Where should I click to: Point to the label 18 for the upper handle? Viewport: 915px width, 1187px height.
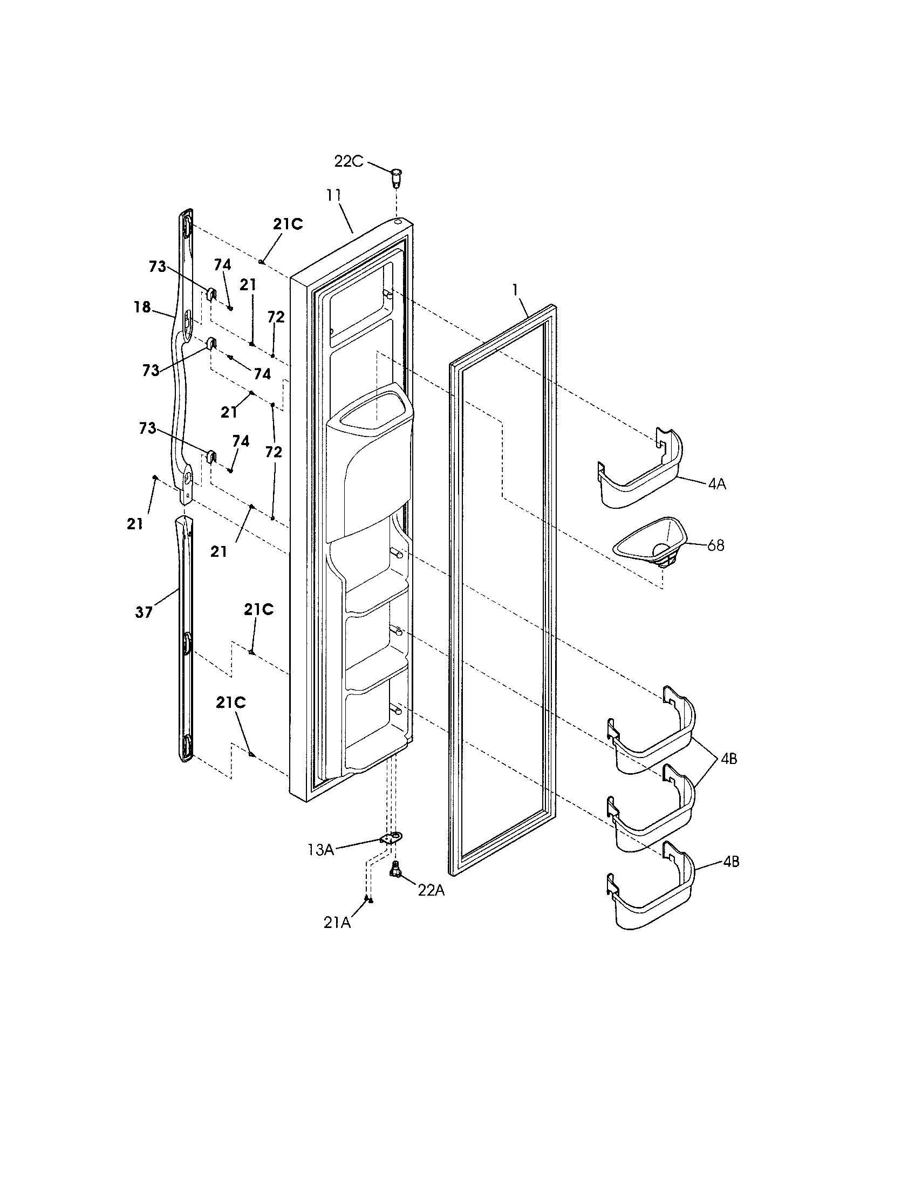(142, 307)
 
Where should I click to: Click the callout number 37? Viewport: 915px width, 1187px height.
(144, 612)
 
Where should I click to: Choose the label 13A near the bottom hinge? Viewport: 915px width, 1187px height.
(320, 849)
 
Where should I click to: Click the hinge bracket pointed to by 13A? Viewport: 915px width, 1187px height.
(393, 837)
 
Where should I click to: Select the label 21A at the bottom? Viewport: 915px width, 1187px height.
(337, 922)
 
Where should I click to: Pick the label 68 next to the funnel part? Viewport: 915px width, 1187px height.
(715, 545)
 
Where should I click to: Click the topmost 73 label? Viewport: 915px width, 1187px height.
(158, 267)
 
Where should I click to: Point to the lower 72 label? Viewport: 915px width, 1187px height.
(274, 452)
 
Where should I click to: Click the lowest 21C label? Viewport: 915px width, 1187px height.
(230, 702)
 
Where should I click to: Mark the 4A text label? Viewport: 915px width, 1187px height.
(716, 485)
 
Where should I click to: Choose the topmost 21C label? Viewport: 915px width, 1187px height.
(288, 224)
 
